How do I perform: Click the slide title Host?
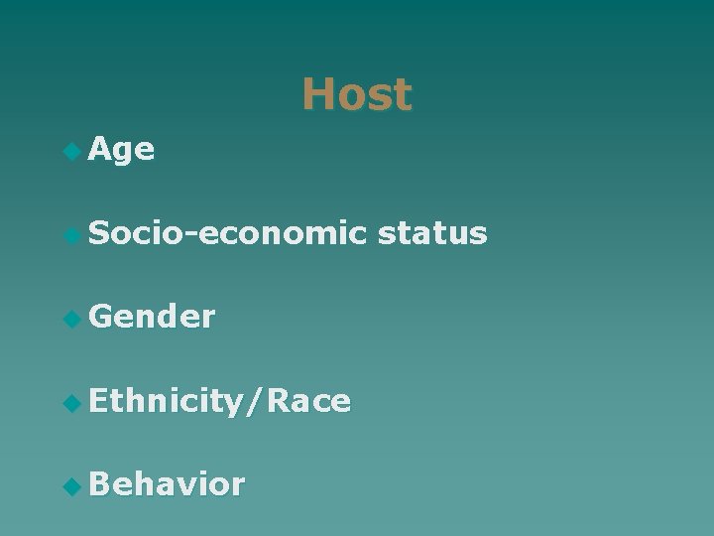point(357,95)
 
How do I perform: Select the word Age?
point(121,151)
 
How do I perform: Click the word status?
point(432,233)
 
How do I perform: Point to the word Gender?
point(152,317)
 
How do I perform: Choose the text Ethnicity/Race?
point(219,401)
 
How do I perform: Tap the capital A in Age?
point(99,150)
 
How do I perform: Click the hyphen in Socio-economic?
point(198,236)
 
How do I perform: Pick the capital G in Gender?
point(100,317)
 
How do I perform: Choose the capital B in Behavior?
point(99,484)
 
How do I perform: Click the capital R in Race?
point(279,401)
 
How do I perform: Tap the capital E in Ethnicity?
point(98,401)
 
